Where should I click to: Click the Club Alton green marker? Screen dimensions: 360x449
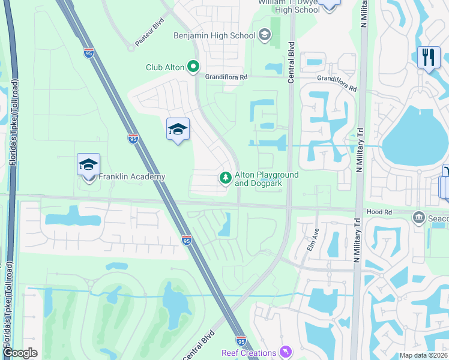[193, 67]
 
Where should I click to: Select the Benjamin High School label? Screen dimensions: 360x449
[214, 35]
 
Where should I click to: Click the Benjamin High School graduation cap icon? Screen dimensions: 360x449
[265, 35]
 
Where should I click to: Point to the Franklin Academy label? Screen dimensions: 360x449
[131, 177]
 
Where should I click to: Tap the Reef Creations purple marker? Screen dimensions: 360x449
[286, 352]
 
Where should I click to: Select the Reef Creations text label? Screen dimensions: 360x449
[249, 353]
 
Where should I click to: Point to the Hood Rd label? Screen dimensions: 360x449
[379, 212]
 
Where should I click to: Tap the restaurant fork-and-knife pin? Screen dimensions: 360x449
[429, 58]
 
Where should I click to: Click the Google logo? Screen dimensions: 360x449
[20, 353]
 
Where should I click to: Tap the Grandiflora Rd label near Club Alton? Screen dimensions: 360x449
[226, 77]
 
